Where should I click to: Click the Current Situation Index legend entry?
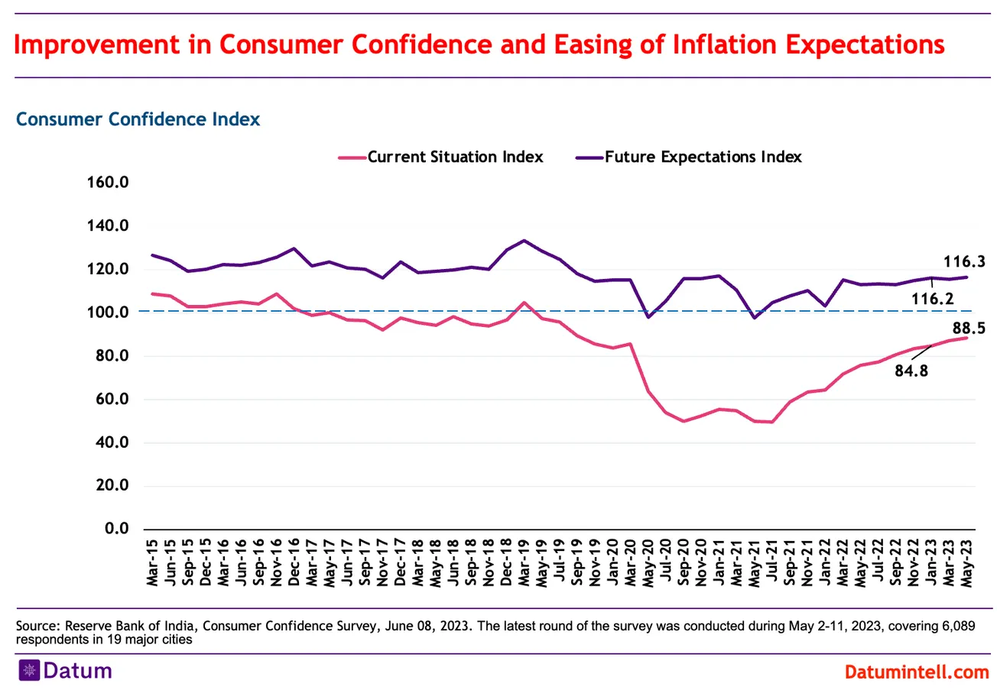(x=455, y=157)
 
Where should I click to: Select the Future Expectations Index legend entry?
(x=703, y=157)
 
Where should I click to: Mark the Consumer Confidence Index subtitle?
(x=138, y=119)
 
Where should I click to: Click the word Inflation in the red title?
(x=733, y=44)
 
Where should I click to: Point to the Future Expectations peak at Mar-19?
(x=524, y=241)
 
